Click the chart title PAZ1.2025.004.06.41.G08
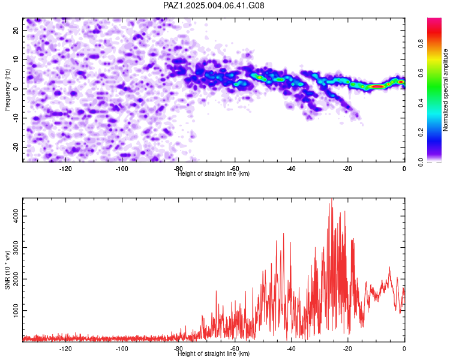pyautogui.click(x=214, y=5)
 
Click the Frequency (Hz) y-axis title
pyautogui.click(x=7, y=90)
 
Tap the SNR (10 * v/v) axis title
pyautogui.click(x=7, y=270)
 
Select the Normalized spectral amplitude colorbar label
pyautogui.click(x=445, y=90)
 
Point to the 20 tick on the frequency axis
pyautogui.click(x=16, y=30)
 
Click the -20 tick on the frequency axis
pyautogui.click(x=16, y=147)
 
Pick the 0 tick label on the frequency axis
pyautogui.click(x=16, y=89)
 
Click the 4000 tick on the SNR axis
pyautogui.click(x=16, y=216)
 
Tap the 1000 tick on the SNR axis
pyautogui.click(x=16, y=310)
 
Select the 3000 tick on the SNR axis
pyautogui.click(x=16, y=247)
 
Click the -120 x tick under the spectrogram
pyautogui.click(x=65, y=169)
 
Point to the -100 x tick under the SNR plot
pyautogui.click(x=122, y=349)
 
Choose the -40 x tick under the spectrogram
pyautogui.click(x=291, y=169)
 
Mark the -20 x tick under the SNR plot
pyautogui.click(x=347, y=349)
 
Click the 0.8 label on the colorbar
pyautogui.click(x=421, y=43)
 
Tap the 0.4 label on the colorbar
pyautogui.click(x=421, y=103)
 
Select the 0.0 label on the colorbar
pyautogui.click(x=421, y=162)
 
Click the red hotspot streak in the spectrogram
pyautogui.click(x=377, y=86)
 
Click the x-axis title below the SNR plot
pyautogui.click(x=214, y=353)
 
